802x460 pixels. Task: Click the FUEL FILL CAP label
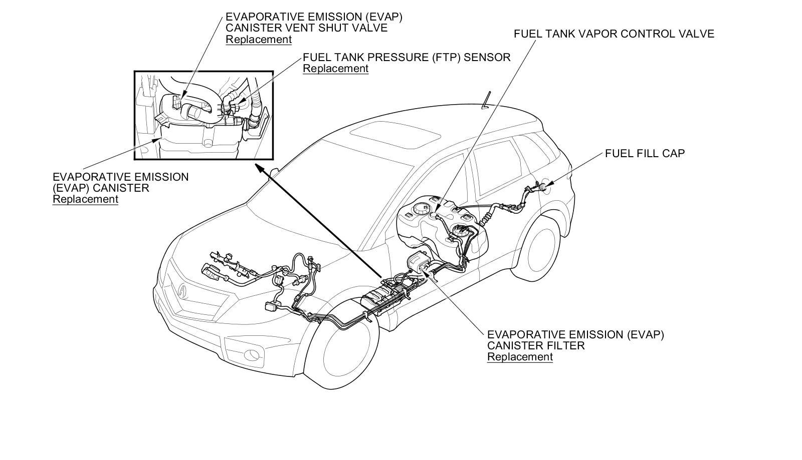click(x=645, y=153)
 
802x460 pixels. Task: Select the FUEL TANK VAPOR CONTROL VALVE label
click(x=614, y=34)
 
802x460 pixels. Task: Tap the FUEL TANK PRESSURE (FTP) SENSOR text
click(x=406, y=57)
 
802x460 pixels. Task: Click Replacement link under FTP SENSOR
click(x=335, y=69)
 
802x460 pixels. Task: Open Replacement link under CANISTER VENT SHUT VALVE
click(x=258, y=40)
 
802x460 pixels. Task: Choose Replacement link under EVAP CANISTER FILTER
click(x=520, y=357)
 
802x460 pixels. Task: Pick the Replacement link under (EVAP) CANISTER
click(x=85, y=199)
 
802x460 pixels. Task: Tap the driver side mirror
click(x=274, y=173)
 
